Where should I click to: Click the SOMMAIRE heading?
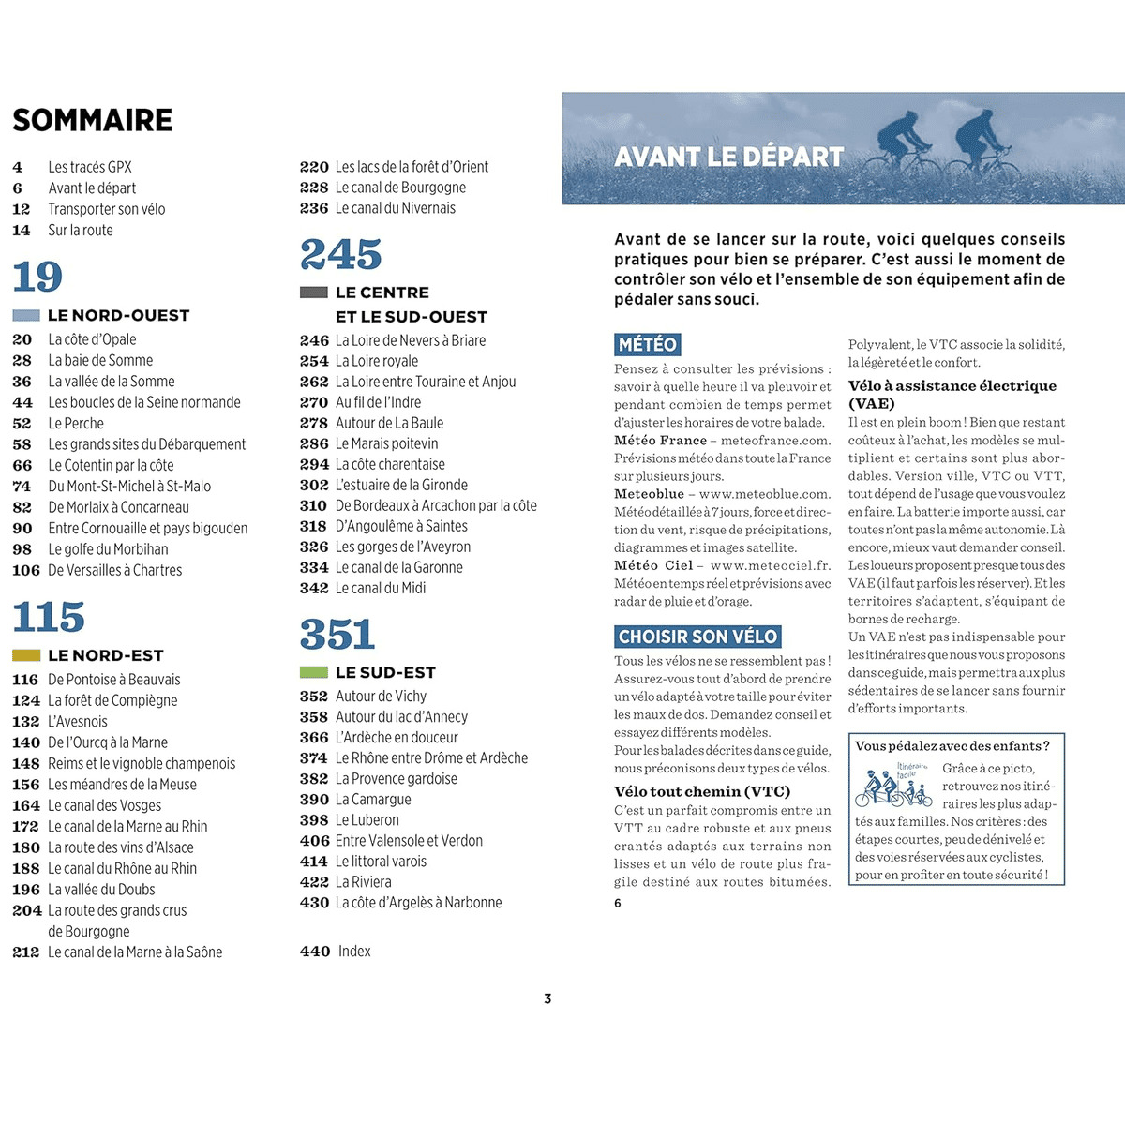(x=93, y=120)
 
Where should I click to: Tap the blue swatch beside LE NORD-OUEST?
(x=26, y=316)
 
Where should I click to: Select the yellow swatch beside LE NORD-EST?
(x=26, y=655)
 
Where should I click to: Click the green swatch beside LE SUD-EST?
(x=313, y=672)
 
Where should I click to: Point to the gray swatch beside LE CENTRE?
(x=313, y=292)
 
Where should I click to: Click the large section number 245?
(x=341, y=254)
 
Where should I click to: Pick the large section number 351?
(x=337, y=635)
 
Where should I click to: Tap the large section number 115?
(x=49, y=617)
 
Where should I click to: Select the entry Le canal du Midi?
(x=381, y=588)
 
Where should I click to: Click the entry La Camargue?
(x=373, y=800)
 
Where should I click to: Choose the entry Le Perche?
(x=76, y=424)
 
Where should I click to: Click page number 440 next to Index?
(x=315, y=952)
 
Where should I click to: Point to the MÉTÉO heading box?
(x=648, y=344)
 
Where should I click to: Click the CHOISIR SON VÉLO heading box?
(x=697, y=637)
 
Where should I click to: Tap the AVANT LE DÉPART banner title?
(x=729, y=157)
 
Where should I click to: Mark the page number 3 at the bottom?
(x=547, y=998)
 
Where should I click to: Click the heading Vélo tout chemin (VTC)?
(x=702, y=791)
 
